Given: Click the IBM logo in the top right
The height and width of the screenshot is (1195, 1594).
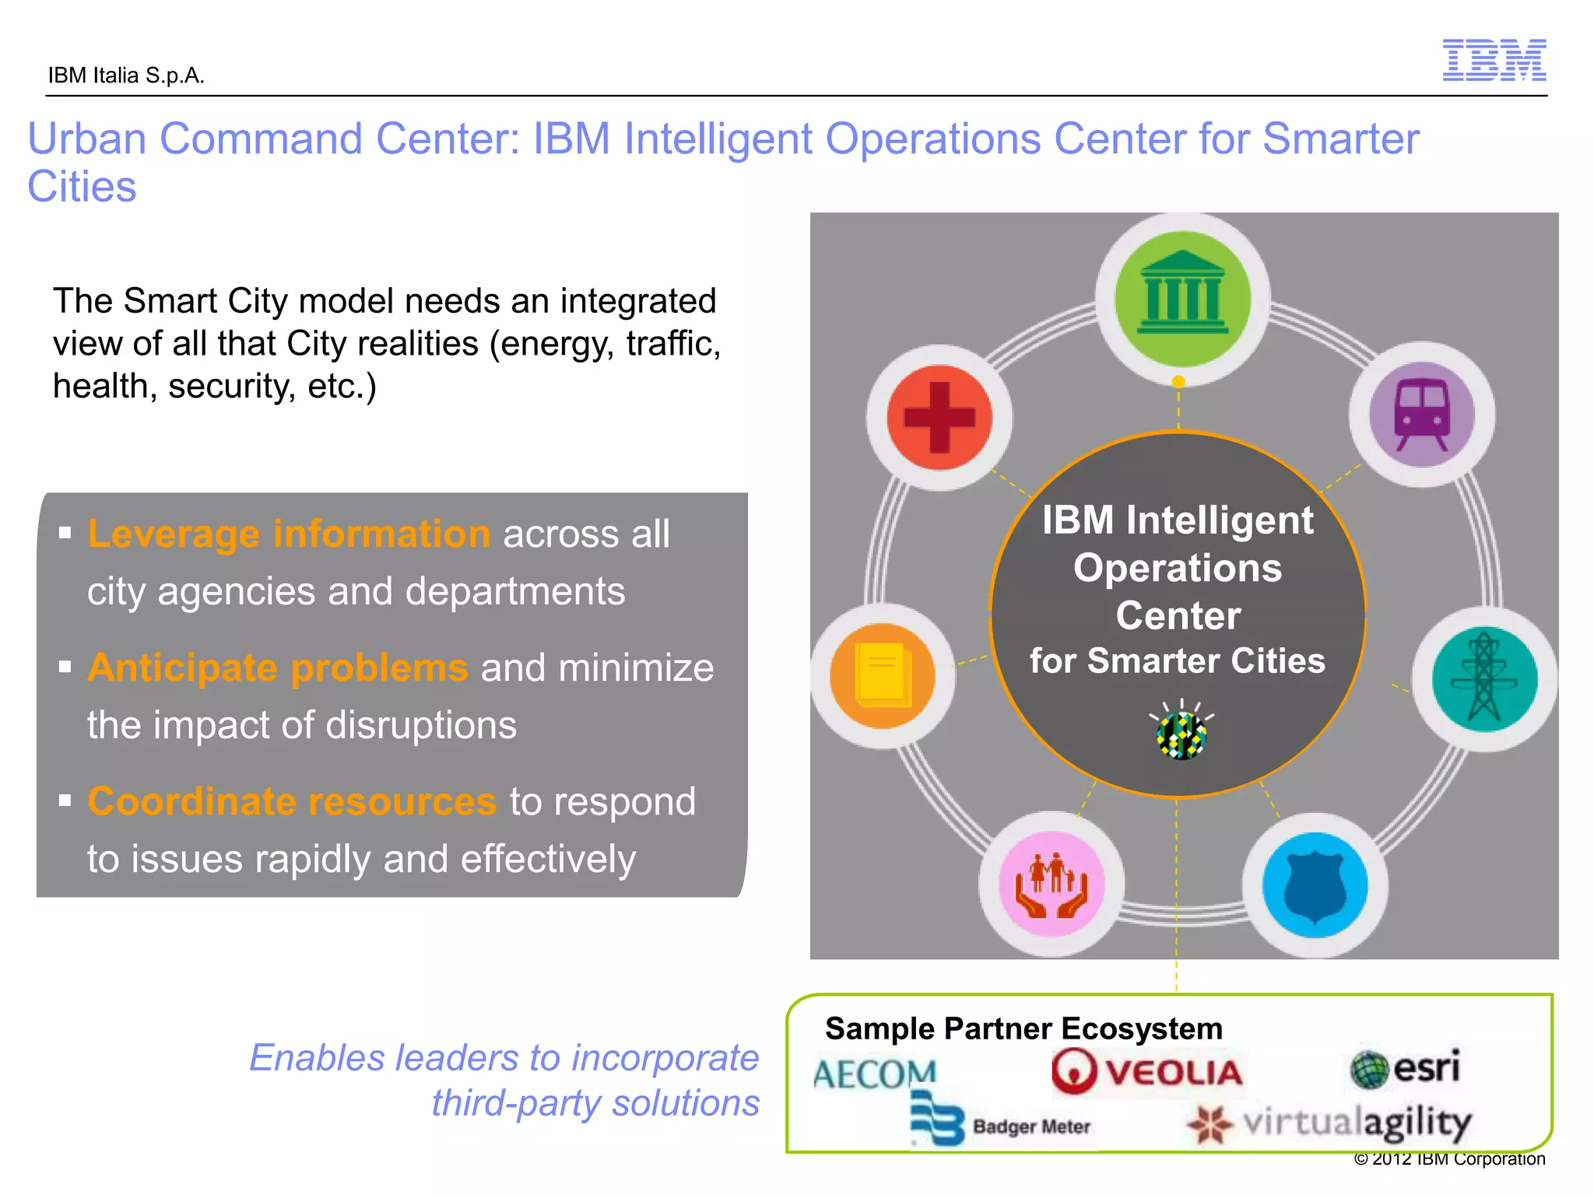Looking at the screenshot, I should tap(1494, 60).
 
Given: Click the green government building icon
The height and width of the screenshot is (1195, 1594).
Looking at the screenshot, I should tap(1182, 299).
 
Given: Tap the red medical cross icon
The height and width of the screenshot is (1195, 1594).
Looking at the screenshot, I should tap(939, 418).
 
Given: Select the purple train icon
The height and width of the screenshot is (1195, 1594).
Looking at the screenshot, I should tap(1421, 415).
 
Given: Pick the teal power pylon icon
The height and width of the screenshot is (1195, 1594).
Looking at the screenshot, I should tap(1484, 679).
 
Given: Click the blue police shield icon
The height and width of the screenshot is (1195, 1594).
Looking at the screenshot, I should tap(1315, 886).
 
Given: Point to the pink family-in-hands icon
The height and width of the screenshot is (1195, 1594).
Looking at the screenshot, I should tap(1052, 885).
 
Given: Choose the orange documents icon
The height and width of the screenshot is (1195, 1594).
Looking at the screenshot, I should tap(883, 675).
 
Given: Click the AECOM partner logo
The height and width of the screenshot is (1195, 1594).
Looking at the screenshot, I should tap(875, 1074).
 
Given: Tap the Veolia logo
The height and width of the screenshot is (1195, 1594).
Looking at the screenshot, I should tap(1147, 1073).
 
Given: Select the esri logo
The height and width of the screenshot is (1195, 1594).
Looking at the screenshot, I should tap(1406, 1067).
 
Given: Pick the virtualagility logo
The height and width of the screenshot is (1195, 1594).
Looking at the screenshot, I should tap(1329, 1123).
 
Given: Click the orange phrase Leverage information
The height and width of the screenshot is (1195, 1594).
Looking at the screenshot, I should tap(288, 534).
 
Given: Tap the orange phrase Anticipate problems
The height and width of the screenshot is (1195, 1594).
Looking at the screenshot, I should tap(277, 668).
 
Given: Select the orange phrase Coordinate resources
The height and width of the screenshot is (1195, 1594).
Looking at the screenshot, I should tap(291, 801).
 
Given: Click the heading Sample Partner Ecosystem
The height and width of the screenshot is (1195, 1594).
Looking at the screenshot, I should tap(1023, 1029).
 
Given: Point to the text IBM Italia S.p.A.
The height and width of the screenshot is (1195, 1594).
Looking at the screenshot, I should tap(126, 75).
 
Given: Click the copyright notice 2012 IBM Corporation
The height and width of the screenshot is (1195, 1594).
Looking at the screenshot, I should tap(1449, 1159).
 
